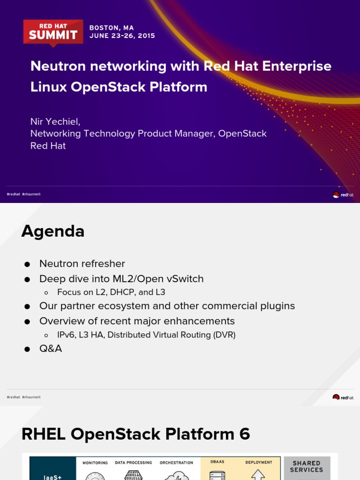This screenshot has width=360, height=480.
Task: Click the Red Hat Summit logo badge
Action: (x=53, y=32)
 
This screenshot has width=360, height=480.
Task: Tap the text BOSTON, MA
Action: (x=112, y=28)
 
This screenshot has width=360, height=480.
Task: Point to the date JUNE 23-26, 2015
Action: (x=122, y=36)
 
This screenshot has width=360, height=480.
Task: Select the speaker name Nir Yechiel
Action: (x=55, y=121)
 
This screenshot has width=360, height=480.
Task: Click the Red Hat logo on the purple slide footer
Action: (x=343, y=195)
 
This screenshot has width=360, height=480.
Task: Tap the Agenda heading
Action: (x=52, y=231)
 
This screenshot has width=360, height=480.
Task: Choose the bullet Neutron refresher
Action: (x=82, y=264)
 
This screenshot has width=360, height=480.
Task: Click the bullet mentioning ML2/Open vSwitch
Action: (x=121, y=279)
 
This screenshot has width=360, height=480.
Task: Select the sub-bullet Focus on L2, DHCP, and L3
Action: (x=111, y=292)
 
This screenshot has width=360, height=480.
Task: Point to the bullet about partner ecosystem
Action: (x=167, y=306)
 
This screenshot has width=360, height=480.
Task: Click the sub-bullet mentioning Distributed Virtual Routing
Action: (x=146, y=335)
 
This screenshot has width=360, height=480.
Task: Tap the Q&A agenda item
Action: (x=51, y=349)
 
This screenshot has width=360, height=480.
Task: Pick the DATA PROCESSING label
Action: (x=134, y=463)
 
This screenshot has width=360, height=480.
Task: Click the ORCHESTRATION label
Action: (x=176, y=463)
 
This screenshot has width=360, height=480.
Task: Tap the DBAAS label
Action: (x=217, y=463)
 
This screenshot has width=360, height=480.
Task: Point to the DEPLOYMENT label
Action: (x=259, y=463)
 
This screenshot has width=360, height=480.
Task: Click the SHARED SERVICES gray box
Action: (x=307, y=467)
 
